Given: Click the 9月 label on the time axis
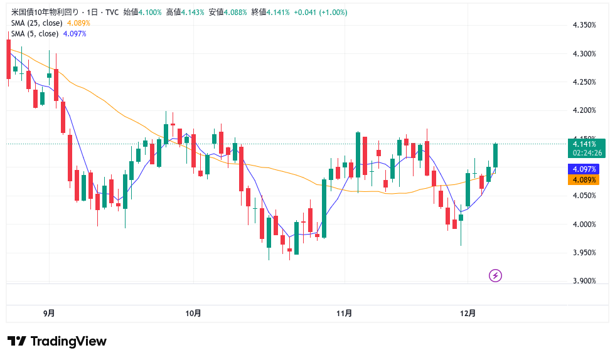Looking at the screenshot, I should [x=49, y=313].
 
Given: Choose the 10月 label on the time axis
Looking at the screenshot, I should [x=193, y=313].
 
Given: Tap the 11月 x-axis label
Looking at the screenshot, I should [x=344, y=313].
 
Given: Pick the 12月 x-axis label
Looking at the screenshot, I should [x=468, y=313].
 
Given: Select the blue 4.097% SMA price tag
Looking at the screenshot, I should [x=584, y=169].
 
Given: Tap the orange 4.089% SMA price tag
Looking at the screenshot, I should [x=584, y=179].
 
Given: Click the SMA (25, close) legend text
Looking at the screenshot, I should [x=37, y=23].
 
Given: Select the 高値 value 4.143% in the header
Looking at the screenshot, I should [x=191, y=13].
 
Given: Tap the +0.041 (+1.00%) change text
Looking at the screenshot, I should [x=321, y=13].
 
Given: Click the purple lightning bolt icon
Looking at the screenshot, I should [x=495, y=275].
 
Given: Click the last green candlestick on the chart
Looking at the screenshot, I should [x=495, y=156].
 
